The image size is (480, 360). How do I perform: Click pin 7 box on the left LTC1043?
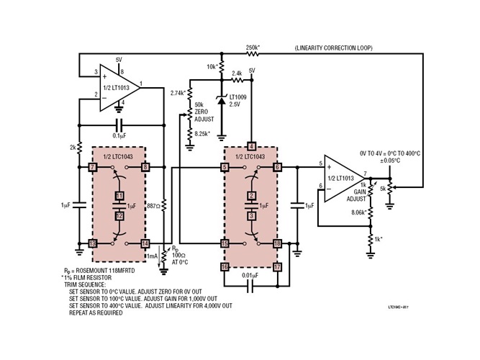coord(93,167)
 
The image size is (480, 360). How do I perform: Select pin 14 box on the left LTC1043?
coord(145,243)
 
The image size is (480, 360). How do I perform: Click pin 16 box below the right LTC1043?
coord(225,267)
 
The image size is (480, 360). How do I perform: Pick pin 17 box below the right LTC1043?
coord(278,267)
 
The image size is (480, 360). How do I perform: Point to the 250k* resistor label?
coord(253,48)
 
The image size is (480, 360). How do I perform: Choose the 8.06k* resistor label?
coord(358,213)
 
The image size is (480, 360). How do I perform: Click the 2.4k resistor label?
coord(237,73)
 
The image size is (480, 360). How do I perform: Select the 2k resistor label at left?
coord(73,148)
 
